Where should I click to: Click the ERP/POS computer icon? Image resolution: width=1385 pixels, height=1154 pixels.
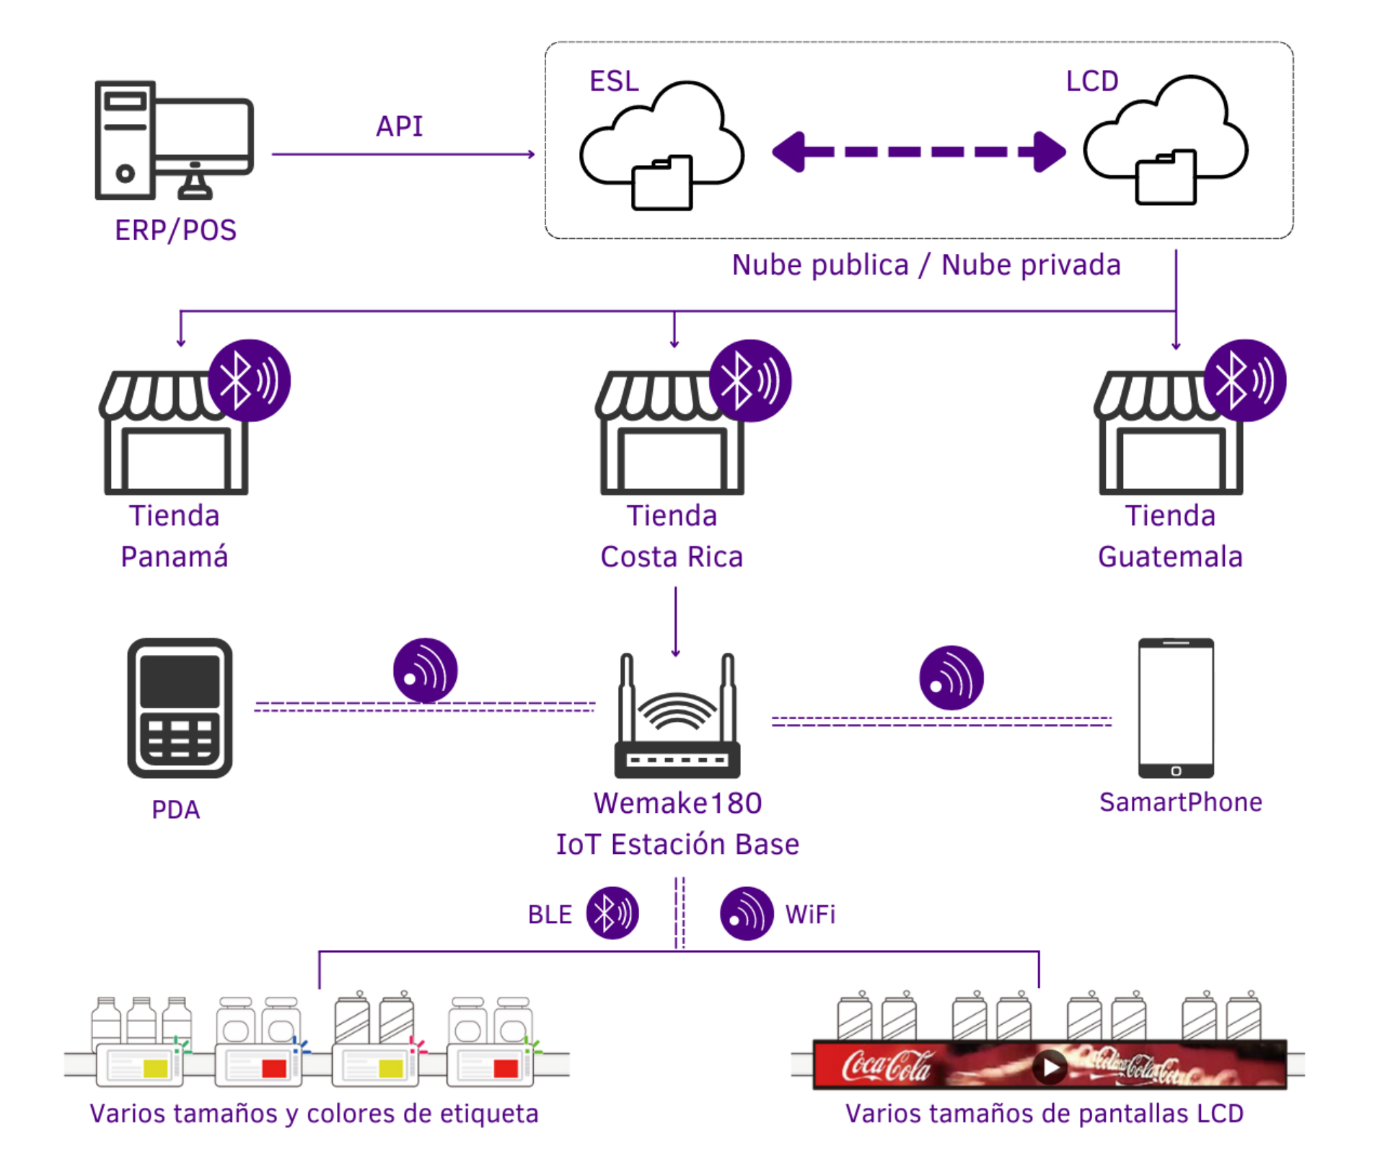174,140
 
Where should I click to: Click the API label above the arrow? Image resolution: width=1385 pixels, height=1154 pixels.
400,127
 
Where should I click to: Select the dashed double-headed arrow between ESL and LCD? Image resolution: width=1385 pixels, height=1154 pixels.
918,152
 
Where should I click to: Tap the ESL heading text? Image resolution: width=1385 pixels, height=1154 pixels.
614,82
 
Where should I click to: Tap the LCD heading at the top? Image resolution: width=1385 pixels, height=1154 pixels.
1092,82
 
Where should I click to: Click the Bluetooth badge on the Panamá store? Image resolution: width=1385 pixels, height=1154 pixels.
250,380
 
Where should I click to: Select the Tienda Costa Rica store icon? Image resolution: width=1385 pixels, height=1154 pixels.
671,433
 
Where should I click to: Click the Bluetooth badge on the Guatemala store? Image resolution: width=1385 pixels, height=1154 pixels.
1245,380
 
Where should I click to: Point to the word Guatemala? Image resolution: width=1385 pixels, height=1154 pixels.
1170,557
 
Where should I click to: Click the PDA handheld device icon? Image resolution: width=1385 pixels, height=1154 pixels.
180,708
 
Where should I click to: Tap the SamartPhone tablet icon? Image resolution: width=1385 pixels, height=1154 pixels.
1176,708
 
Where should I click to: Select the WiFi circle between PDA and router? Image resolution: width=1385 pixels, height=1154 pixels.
425,671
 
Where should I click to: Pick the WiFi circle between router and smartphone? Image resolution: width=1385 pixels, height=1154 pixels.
951,678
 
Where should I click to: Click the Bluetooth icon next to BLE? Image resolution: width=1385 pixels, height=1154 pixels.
612,913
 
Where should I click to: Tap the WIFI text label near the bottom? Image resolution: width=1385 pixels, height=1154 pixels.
810,915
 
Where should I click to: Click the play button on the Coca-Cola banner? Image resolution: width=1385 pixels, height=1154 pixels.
1050,1067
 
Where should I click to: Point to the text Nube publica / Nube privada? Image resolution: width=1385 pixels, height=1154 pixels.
926,265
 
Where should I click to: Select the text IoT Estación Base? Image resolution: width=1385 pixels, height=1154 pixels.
677,845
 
